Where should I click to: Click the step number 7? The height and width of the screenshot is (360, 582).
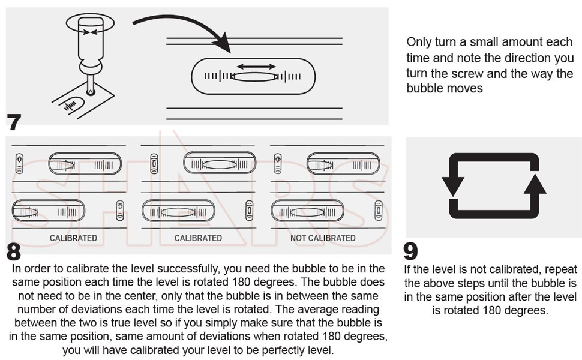14,122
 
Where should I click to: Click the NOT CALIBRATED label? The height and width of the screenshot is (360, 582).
323,238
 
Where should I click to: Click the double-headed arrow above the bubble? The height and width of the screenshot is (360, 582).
256,66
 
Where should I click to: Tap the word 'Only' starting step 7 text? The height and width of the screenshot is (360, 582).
418,43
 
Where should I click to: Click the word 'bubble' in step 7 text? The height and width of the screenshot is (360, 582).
422,89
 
